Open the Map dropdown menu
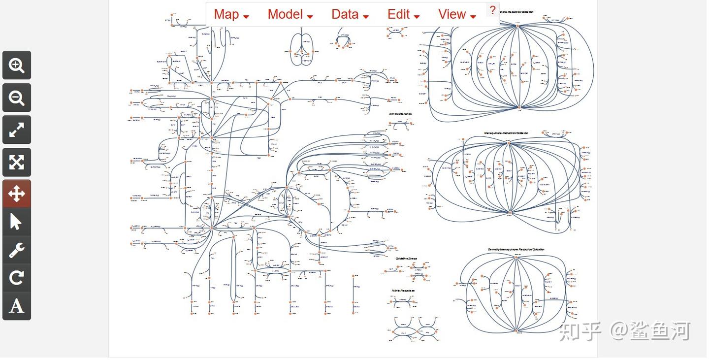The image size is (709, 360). pyautogui.click(x=231, y=14)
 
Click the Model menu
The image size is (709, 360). pyautogui.click(x=290, y=14)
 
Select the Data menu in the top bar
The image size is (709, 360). pyautogui.click(x=350, y=14)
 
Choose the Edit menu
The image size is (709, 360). pyautogui.click(x=403, y=14)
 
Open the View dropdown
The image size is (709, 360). pyautogui.click(x=457, y=14)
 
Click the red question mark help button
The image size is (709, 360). pyautogui.click(x=492, y=10)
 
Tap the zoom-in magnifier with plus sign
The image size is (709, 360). pyautogui.click(x=17, y=65)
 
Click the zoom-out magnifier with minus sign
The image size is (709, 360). pyautogui.click(x=17, y=98)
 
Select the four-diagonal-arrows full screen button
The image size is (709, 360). pyautogui.click(x=17, y=162)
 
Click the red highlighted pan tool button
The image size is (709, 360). pyautogui.click(x=17, y=194)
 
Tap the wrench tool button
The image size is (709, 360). pyautogui.click(x=17, y=250)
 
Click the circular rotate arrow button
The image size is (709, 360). pyautogui.click(x=17, y=278)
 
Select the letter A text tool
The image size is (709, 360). pyautogui.click(x=17, y=306)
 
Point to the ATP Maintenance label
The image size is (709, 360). pyautogui.click(x=400, y=114)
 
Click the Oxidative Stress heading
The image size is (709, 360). pyautogui.click(x=406, y=258)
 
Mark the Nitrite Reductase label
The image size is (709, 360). pyautogui.click(x=403, y=291)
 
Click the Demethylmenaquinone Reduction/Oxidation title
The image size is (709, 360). pyautogui.click(x=516, y=249)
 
